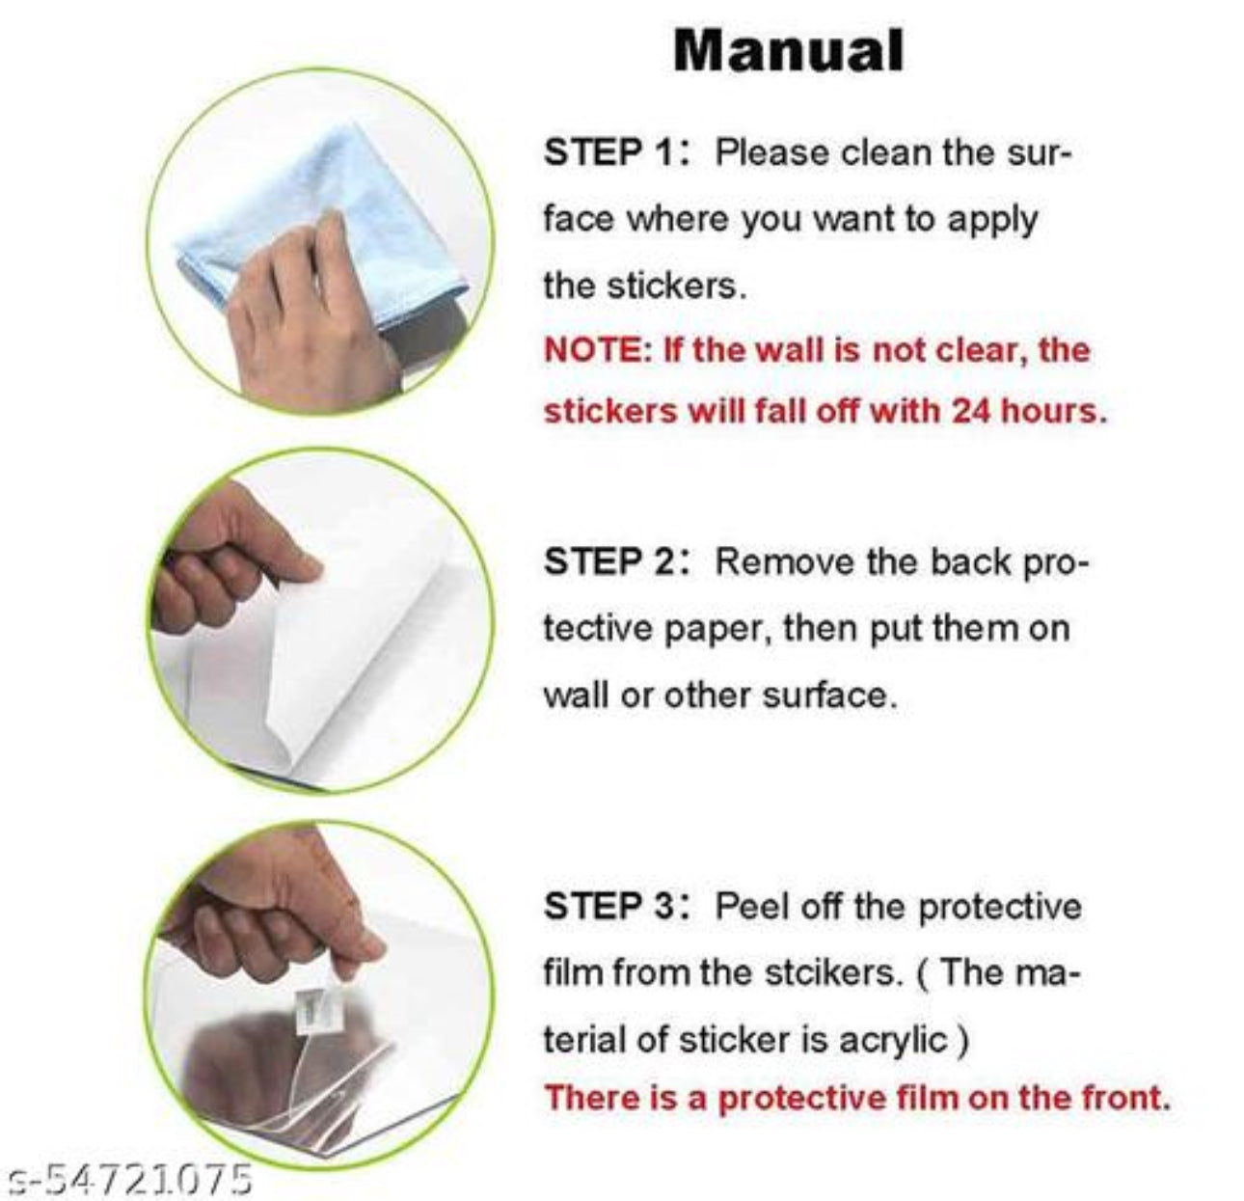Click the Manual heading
[x=789, y=50]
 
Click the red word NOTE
[x=595, y=350]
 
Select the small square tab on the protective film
[x=315, y=1007]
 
